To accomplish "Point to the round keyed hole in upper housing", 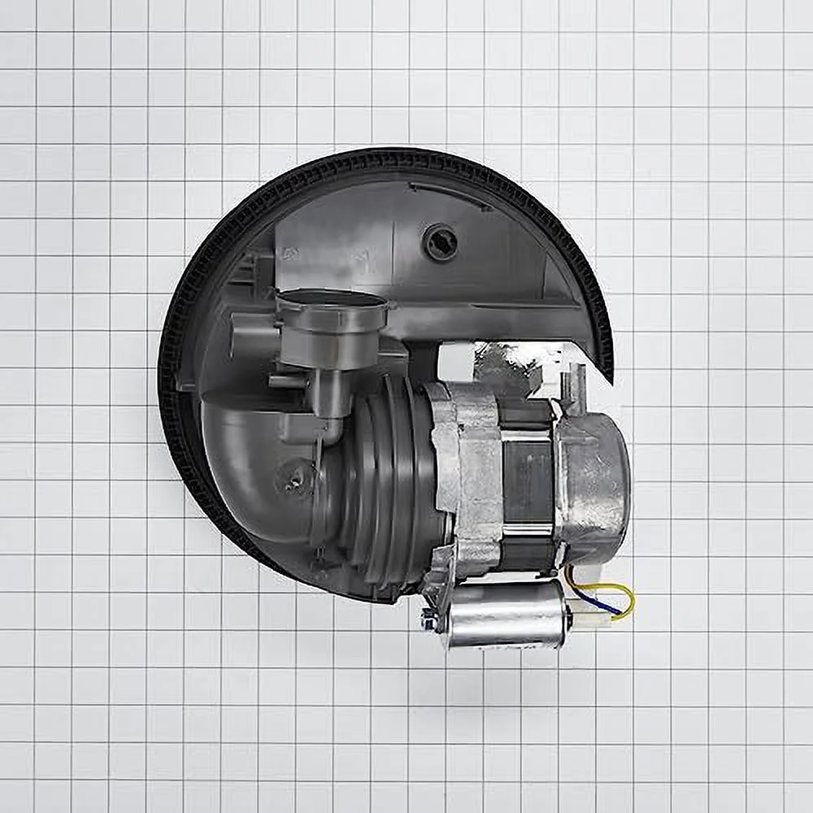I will [x=441, y=241].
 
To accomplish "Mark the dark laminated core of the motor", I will [x=528, y=480].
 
